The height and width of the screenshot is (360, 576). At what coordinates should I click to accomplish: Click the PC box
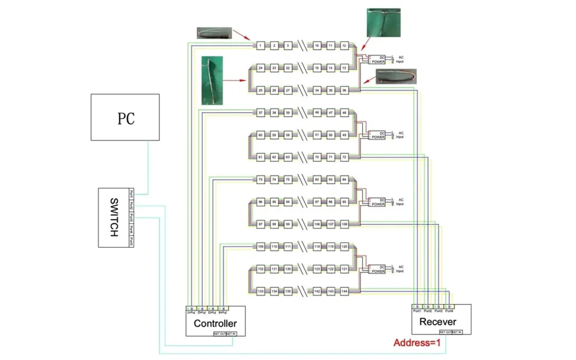coord(125,118)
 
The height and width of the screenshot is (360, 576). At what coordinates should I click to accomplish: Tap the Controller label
coord(215,323)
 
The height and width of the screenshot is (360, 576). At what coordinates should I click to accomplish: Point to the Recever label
coord(441,322)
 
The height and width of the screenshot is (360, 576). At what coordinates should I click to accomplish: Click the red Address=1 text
coord(417,344)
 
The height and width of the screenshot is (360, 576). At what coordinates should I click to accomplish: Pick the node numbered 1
coord(260,46)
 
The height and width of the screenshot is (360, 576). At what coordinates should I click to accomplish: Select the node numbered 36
coord(344,91)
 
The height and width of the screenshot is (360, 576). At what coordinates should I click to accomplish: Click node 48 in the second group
coord(344,113)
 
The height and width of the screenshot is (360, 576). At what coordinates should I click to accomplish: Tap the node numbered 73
coord(260,179)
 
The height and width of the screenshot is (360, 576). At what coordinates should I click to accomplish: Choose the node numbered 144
coord(344,291)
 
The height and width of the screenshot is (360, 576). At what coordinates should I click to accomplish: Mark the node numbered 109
coord(260,247)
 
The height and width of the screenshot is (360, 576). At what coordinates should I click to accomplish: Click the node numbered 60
coord(260,135)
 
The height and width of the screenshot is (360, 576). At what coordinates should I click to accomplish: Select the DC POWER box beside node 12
coord(378,59)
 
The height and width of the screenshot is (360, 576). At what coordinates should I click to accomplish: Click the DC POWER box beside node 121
coord(378,269)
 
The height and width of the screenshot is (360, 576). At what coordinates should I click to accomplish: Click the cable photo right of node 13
coord(396,76)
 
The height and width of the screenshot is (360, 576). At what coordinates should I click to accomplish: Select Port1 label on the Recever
coord(417,311)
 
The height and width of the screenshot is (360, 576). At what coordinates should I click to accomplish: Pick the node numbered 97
coord(260,224)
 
